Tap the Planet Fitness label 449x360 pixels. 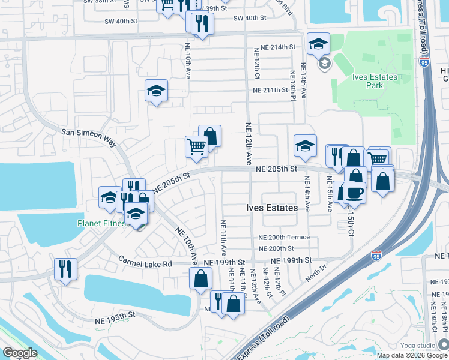[103, 224]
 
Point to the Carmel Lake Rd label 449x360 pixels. [145, 262]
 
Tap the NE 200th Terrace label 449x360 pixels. [284, 237]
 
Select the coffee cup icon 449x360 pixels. [355, 193]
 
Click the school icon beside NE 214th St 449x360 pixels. [318, 43]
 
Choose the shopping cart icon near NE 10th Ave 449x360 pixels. [196, 146]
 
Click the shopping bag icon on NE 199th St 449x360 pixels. [200, 278]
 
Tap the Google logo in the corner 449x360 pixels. [20, 353]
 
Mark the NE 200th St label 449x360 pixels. [276, 248]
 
